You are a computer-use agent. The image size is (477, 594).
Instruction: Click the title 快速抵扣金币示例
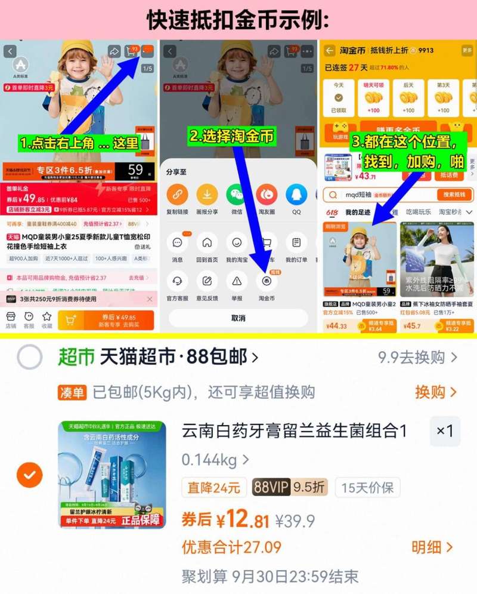click(238, 19)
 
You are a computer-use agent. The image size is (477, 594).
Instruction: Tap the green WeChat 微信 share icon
click(237, 195)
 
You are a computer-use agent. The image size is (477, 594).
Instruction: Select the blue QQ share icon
click(296, 195)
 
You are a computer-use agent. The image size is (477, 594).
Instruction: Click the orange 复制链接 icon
click(177, 195)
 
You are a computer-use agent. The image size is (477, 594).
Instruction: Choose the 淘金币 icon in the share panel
click(267, 281)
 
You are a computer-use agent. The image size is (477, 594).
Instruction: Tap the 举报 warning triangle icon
click(237, 281)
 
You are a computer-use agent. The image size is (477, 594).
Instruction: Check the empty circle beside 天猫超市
click(30, 358)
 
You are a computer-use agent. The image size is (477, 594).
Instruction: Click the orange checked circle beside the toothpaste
click(30, 476)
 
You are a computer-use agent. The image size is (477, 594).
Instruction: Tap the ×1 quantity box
click(445, 431)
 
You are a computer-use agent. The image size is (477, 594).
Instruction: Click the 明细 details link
click(432, 547)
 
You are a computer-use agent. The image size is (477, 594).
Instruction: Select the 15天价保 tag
click(367, 487)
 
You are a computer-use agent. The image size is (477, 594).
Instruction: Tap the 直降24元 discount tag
click(214, 487)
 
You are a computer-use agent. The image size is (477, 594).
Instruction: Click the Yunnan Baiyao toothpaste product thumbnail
click(112, 475)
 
